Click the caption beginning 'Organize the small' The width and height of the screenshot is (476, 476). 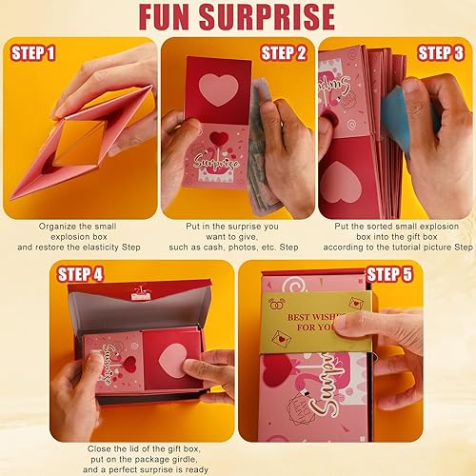click(x=79, y=235)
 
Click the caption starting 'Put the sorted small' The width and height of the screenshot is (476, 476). click(x=395, y=235)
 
